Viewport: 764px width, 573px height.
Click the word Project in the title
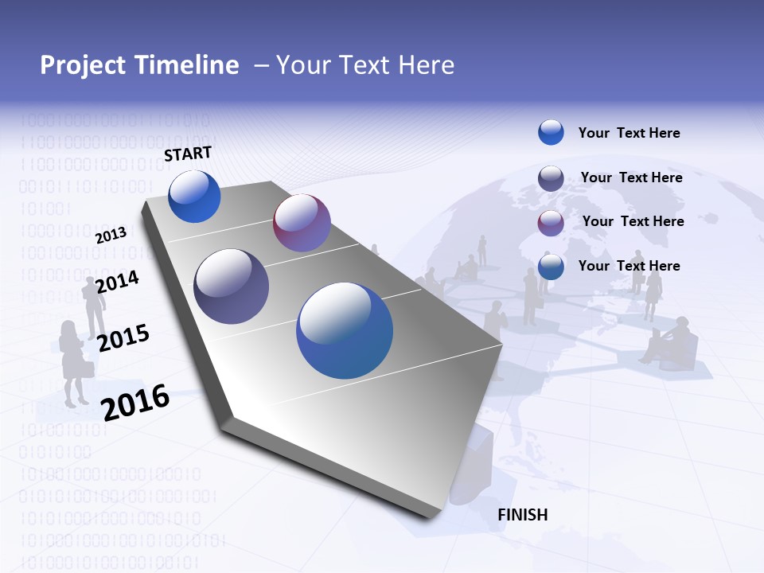click(x=85, y=65)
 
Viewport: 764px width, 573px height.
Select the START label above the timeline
click(x=188, y=154)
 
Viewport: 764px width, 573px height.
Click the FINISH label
click(x=522, y=515)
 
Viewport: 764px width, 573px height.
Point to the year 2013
click(x=111, y=235)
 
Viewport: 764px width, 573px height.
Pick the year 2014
click(x=117, y=281)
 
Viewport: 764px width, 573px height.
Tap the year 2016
click(x=136, y=402)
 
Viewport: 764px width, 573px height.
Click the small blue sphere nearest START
click(x=194, y=197)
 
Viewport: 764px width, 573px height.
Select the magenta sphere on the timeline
click(x=302, y=223)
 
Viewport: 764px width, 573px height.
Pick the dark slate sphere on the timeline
click(x=232, y=286)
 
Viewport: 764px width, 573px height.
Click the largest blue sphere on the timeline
click(x=345, y=330)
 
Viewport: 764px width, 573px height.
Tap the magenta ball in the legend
click(x=551, y=222)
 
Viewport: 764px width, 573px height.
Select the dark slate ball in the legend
click(x=551, y=178)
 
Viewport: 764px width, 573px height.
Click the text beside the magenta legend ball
click(x=633, y=221)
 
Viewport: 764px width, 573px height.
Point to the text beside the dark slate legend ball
click(x=631, y=177)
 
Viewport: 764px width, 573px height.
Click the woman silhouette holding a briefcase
click(x=74, y=362)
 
